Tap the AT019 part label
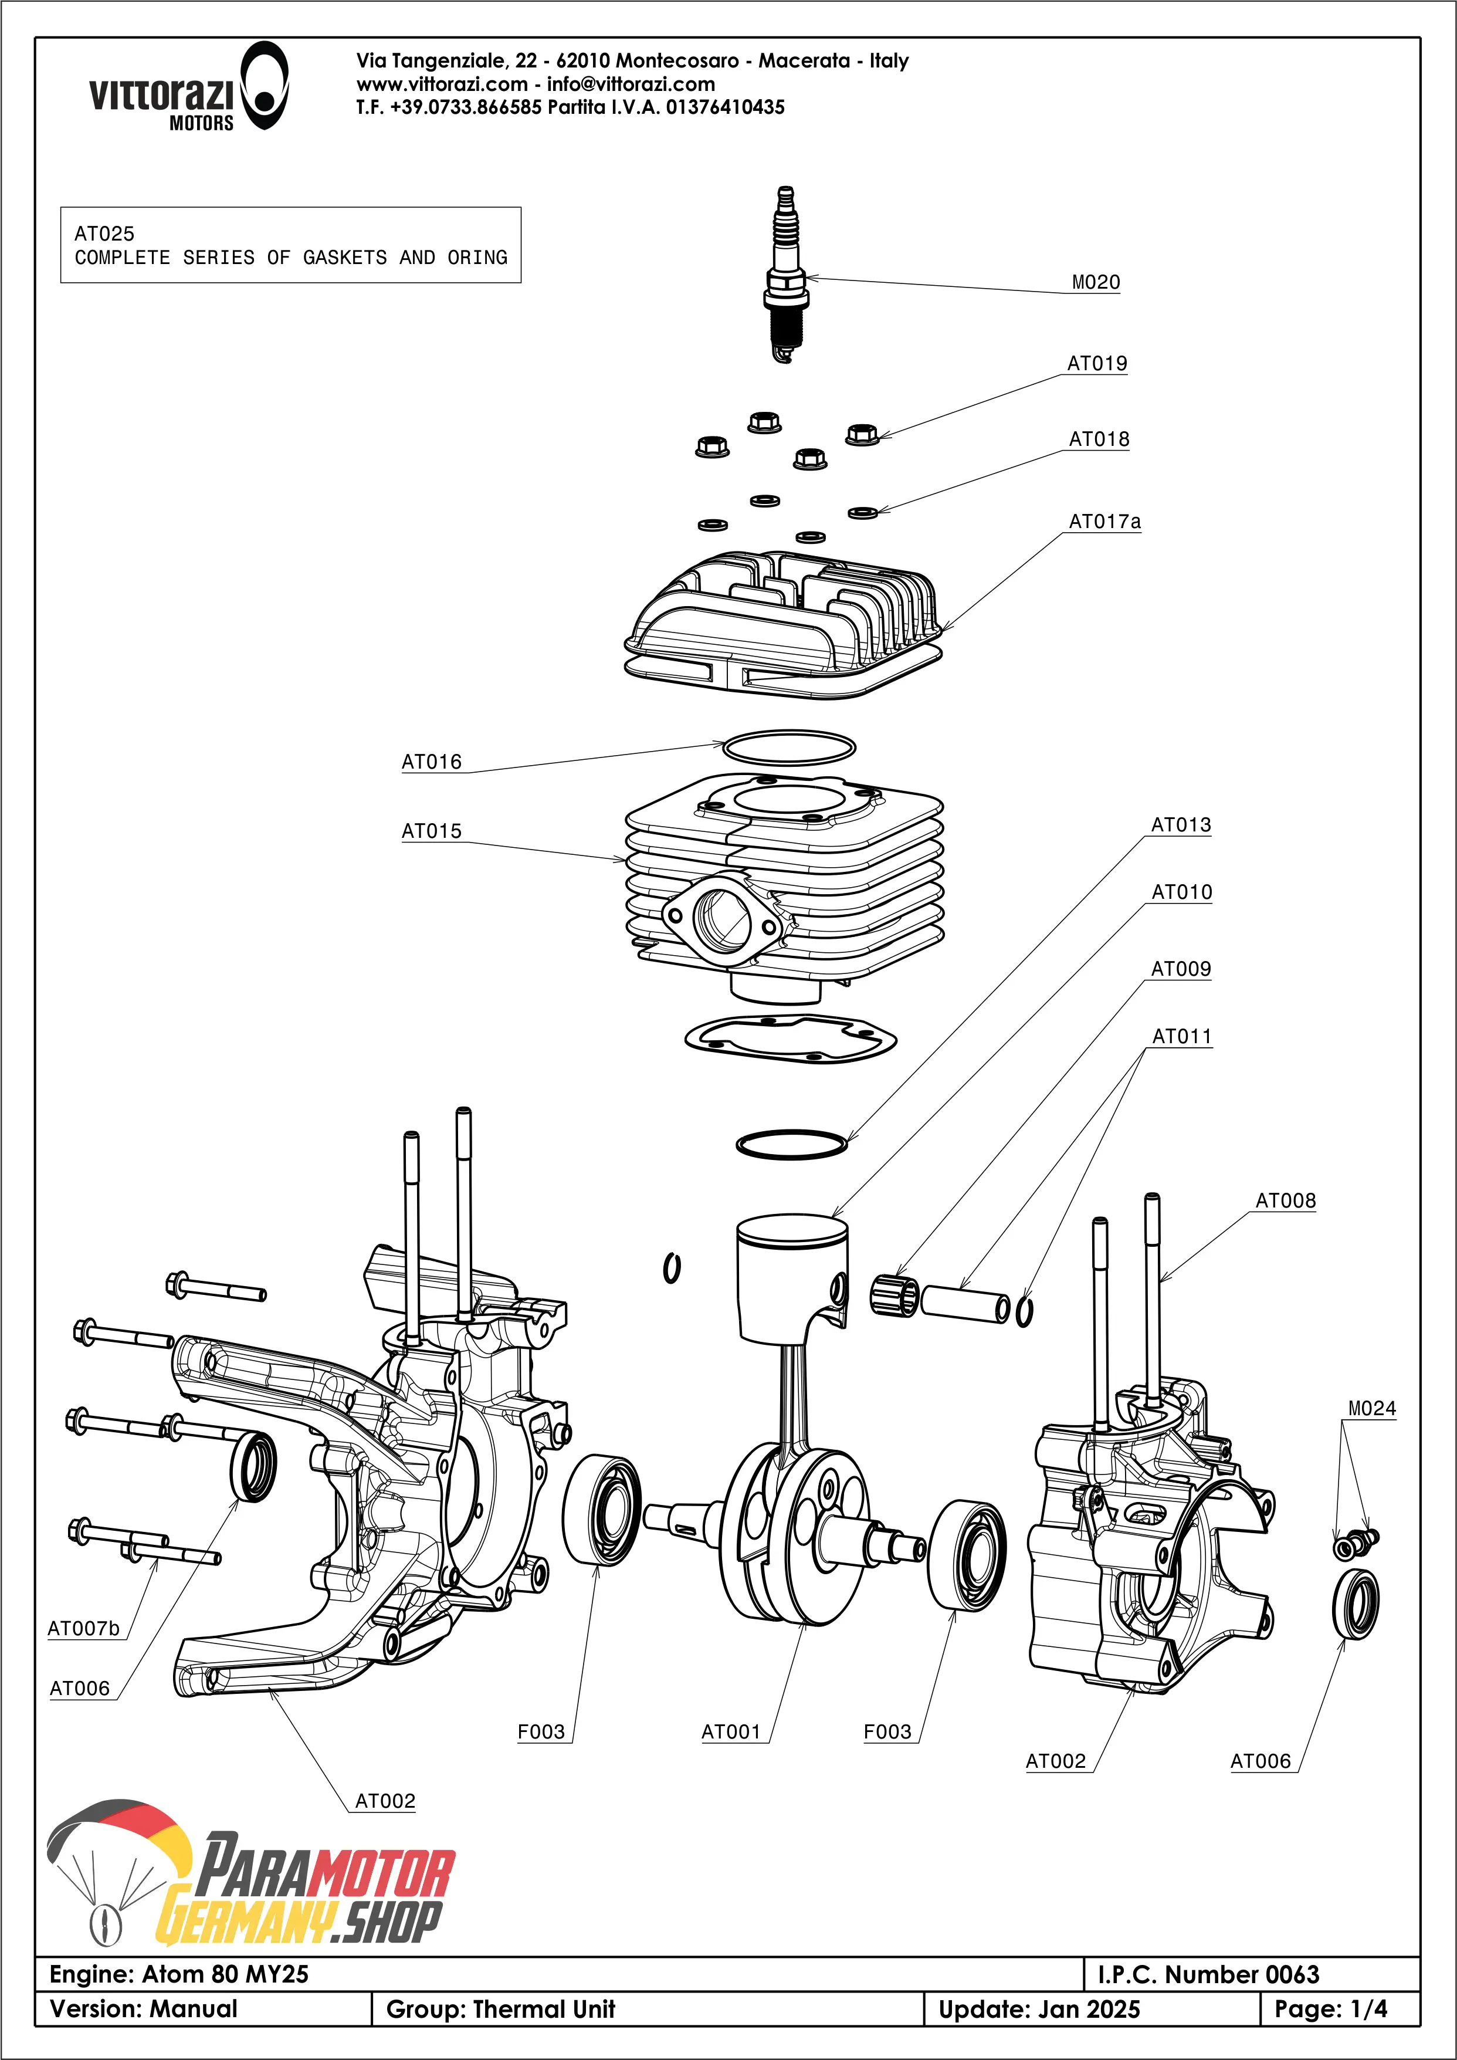1096,363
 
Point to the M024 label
1372,1409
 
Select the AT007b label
83,1628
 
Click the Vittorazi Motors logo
188,86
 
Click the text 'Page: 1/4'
1330,2010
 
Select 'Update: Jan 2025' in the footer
1039,2010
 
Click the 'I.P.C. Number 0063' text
1208,1975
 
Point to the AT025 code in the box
104,234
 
